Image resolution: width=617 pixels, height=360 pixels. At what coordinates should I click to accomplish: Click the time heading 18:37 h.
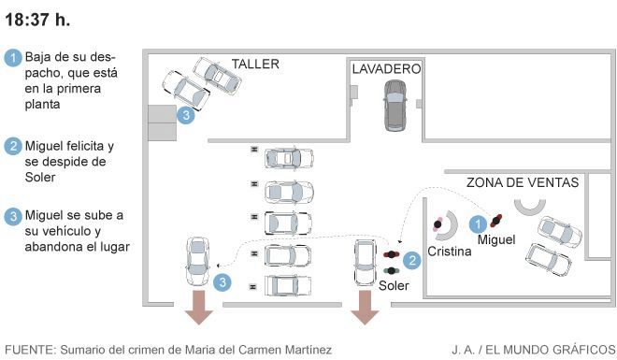click(37, 20)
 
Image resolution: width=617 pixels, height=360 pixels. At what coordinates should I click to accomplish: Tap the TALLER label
click(255, 64)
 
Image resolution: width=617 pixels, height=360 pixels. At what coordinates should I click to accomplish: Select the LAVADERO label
click(386, 69)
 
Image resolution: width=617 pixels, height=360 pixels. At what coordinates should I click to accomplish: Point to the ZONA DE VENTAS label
click(523, 182)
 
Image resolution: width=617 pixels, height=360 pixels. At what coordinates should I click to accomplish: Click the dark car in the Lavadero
click(395, 106)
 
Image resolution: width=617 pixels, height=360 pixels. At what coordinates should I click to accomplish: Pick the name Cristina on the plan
click(450, 251)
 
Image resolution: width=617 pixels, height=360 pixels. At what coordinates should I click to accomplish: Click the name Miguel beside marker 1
click(496, 239)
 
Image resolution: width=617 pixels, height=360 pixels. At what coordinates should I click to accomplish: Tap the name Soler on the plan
click(394, 285)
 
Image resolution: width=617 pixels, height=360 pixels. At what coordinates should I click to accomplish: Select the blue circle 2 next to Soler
click(412, 260)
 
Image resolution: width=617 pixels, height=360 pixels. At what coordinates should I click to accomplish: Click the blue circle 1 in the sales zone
click(478, 224)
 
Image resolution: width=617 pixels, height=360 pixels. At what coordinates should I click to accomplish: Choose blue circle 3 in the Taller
click(186, 115)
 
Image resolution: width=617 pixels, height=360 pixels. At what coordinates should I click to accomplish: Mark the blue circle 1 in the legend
click(13, 58)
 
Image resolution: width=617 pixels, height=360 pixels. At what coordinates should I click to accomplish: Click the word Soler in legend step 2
click(40, 178)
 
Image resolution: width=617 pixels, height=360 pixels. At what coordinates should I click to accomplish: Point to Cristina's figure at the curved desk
click(438, 224)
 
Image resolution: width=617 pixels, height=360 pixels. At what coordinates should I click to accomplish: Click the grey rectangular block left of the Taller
click(162, 122)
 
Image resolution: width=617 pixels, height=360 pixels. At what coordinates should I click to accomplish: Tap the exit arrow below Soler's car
click(365, 308)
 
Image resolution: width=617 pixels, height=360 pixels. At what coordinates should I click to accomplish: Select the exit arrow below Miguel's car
click(199, 308)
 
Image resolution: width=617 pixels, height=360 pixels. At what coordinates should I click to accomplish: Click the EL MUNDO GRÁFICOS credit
click(550, 350)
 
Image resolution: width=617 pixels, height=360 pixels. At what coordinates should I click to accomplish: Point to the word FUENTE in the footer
click(29, 350)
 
